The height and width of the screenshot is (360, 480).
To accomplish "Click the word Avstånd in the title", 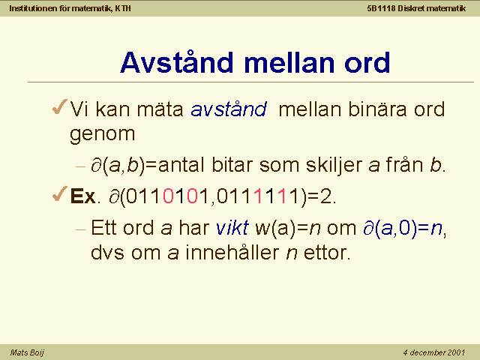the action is [177, 62].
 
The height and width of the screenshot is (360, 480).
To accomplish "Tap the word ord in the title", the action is [367, 62].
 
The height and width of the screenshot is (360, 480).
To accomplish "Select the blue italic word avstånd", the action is [229, 109].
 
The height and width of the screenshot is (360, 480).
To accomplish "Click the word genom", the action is [103, 134].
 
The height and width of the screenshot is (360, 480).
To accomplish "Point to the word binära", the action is [378, 109].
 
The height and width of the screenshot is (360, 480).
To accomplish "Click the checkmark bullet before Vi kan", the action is [60, 106].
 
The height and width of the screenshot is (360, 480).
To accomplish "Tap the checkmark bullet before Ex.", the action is [60, 193].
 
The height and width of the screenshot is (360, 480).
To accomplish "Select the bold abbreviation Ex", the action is [82, 196].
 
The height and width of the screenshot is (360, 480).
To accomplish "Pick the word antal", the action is [181, 165].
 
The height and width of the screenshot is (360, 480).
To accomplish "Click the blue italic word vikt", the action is [232, 227].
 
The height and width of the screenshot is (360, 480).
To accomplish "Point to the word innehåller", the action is [232, 252].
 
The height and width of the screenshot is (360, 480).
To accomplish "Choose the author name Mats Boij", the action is [27, 352].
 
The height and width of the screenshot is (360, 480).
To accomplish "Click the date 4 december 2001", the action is [434, 352].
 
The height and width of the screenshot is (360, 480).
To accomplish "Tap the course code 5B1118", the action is [382, 8].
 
